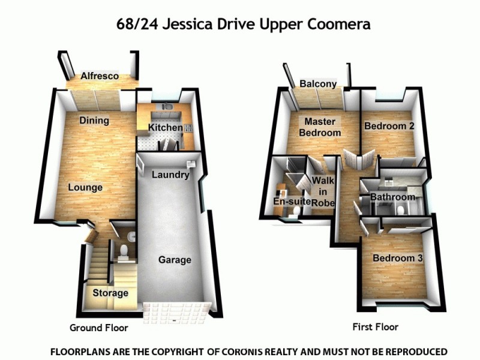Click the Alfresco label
pyautogui.click(x=100, y=77)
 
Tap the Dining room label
pyautogui.click(x=94, y=121)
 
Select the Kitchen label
pyautogui.click(x=165, y=128)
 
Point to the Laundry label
pyautogui.click(x=170, y=175)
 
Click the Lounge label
pyautogui.click(x=85, y=187)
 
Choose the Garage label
pyautogui.click(x=175, y=260)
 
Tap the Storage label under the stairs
pyautogui.click(x=110, y=293)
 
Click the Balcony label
pyautogui.click(x=318, y=84)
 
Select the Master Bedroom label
pyautogui.click(x=320, y=127)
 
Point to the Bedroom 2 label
pyautogui.click(x=389, y=127)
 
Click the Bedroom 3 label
pyautogui.click(x=398, y=259)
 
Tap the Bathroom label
pyautogui.click(x=392, y=197)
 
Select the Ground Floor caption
pyautogui.click(x=99, y=328)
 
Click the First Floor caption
pyautogui.click(x=375, y=327)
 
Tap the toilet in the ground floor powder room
pyautogui.click(x=124, y=250)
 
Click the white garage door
pyautogui.click(x=176, y=310)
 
